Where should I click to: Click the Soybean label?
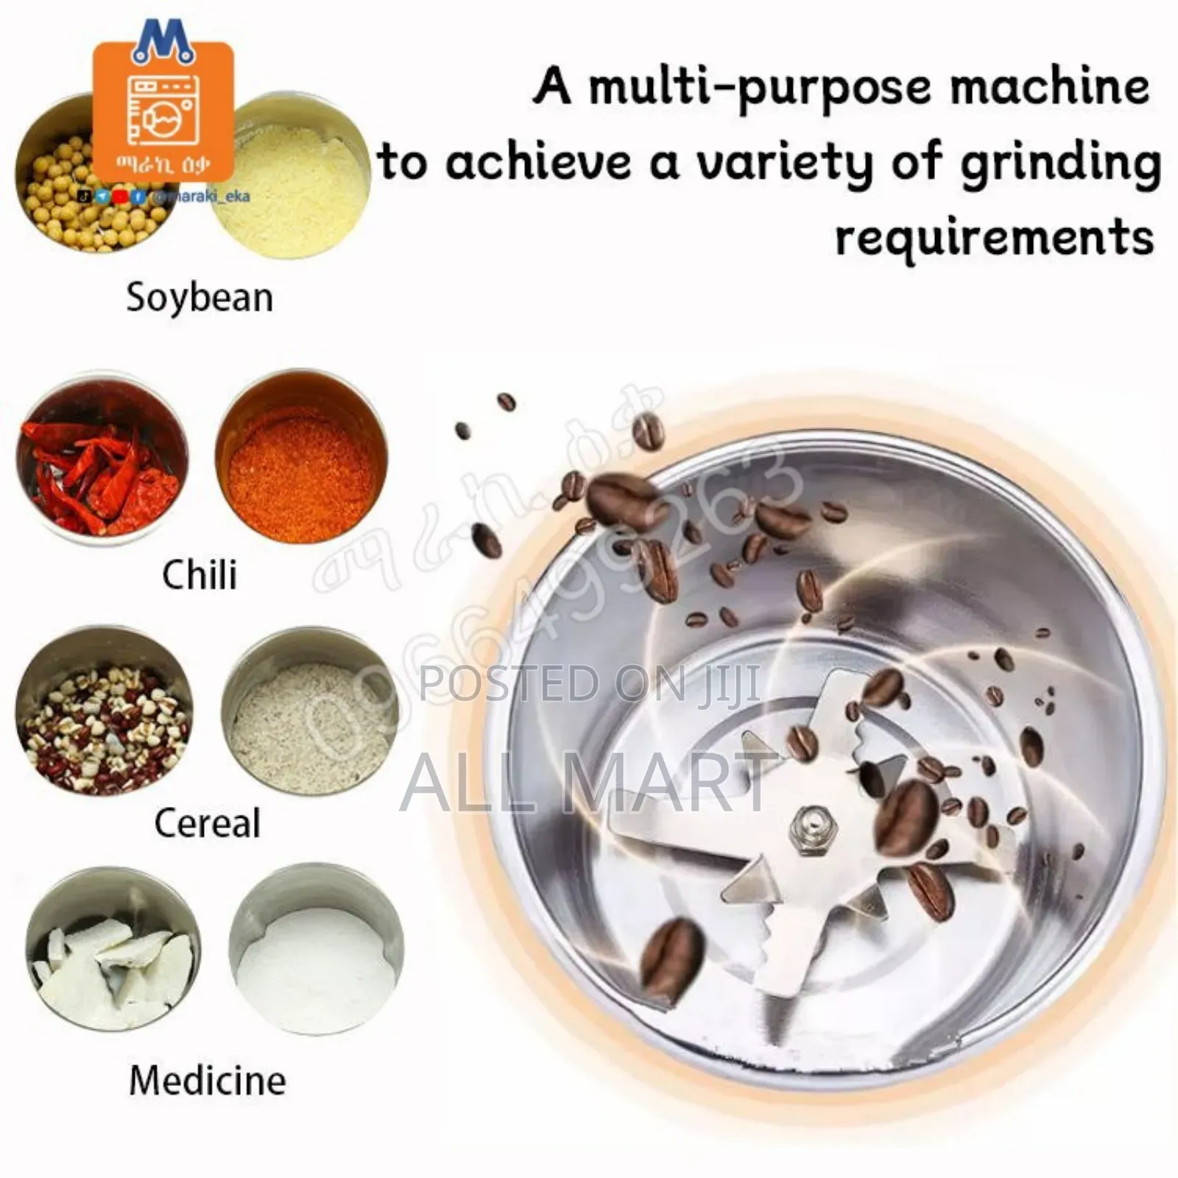tap(200, 298)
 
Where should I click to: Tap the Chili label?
tap(200, 575)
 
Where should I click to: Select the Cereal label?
tap(208, 823)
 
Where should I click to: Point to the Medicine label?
tap(208, 1081)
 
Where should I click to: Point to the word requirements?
tap(994, 238)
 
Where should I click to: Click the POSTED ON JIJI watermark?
tap(589, 683)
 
